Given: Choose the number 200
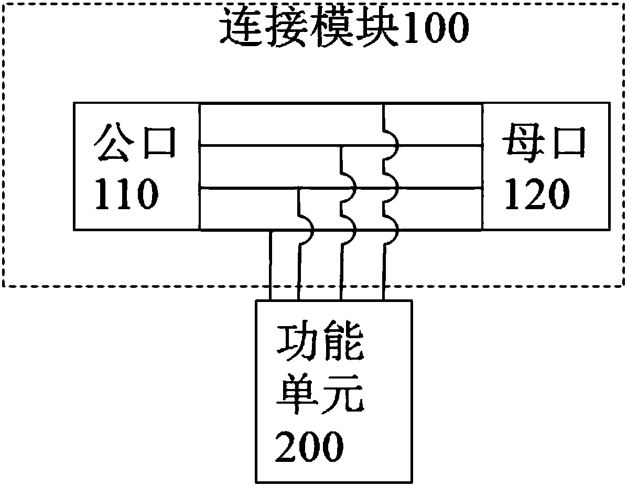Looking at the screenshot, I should pos(309,447).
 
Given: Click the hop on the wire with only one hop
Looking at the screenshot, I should pos(307,229).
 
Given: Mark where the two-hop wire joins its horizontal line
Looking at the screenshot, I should pos(342,146).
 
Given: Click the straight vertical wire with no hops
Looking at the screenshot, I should pos(271,265).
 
